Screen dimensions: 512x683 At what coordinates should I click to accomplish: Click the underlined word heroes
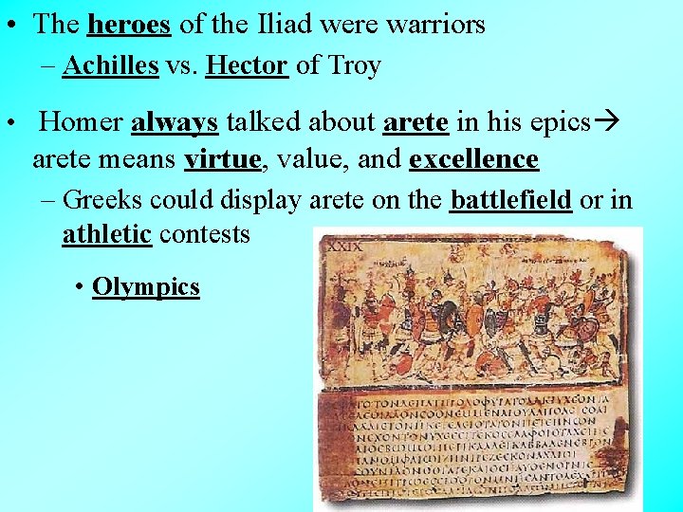(128, 25)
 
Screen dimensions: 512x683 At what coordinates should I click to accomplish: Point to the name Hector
(247, 65)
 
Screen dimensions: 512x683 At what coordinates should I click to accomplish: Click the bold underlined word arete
(416, 122)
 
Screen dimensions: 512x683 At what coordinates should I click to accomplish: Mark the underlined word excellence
(473, 158)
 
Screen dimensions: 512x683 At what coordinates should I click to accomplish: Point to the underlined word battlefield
(510, 200)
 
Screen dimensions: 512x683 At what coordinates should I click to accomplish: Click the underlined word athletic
(106, 233)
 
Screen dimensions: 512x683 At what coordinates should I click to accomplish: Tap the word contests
(204, 233)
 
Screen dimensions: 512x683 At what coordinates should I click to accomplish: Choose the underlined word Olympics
(146, 286)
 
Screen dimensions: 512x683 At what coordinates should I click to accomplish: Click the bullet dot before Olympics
(79, 287)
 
